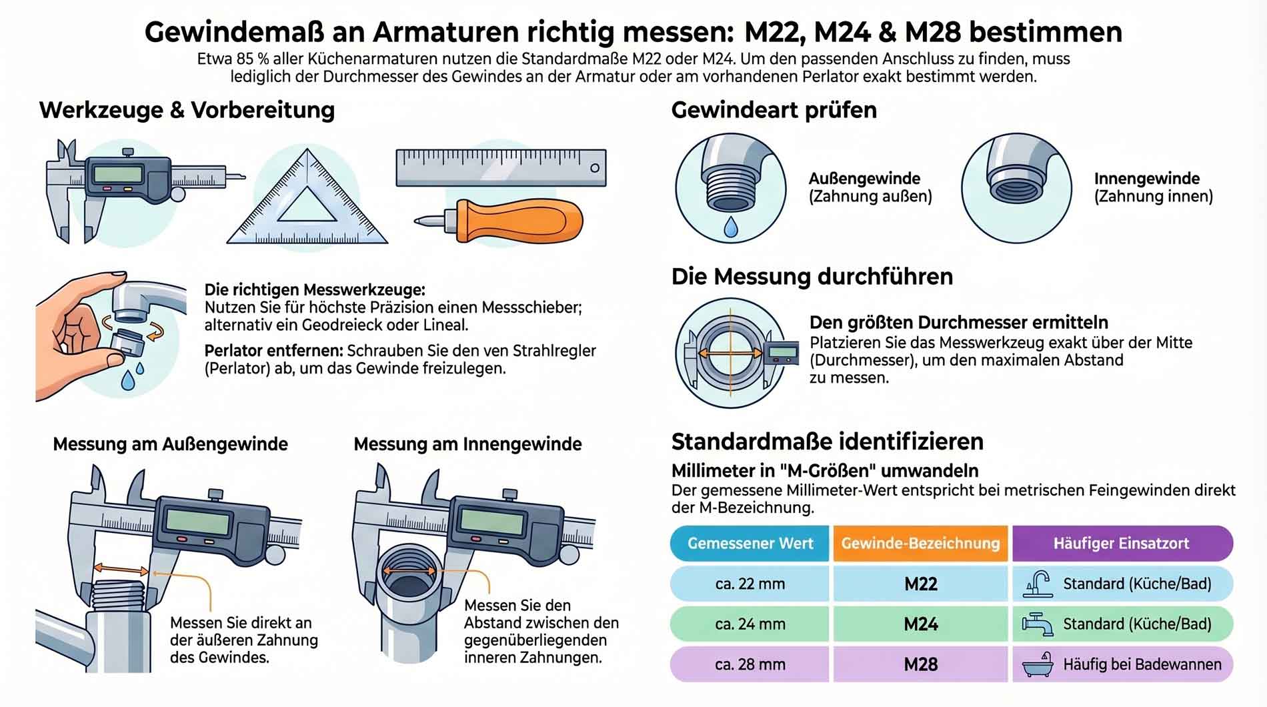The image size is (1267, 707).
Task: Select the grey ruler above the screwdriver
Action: pos(501,167)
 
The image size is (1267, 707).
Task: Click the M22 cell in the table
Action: pos(920,584)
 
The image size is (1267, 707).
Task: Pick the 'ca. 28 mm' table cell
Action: pos(750,664)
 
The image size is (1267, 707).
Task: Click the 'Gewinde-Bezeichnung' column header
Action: pos(920,543)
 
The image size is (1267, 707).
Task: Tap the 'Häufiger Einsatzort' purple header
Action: pos(1122,543)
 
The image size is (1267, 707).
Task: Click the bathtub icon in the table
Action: pos(1038,664)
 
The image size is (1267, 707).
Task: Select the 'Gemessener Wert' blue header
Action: pos(750,543)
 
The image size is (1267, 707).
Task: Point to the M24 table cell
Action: pos(920,624)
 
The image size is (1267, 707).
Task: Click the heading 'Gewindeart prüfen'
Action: pos(774,110)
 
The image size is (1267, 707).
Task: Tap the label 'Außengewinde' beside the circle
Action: pos(864,178)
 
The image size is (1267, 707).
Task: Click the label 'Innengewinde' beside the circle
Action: pos(1147,178)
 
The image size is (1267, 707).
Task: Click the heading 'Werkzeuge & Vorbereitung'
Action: pos(187,110)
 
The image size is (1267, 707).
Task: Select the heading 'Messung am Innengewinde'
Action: pos(467,444)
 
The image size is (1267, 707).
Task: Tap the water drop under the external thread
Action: pos(731,227)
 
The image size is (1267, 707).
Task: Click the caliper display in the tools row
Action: pos(119,175)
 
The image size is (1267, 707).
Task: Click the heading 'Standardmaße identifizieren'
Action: pos(828,442)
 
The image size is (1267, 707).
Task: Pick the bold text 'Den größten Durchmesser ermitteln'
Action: pos(959,323)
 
